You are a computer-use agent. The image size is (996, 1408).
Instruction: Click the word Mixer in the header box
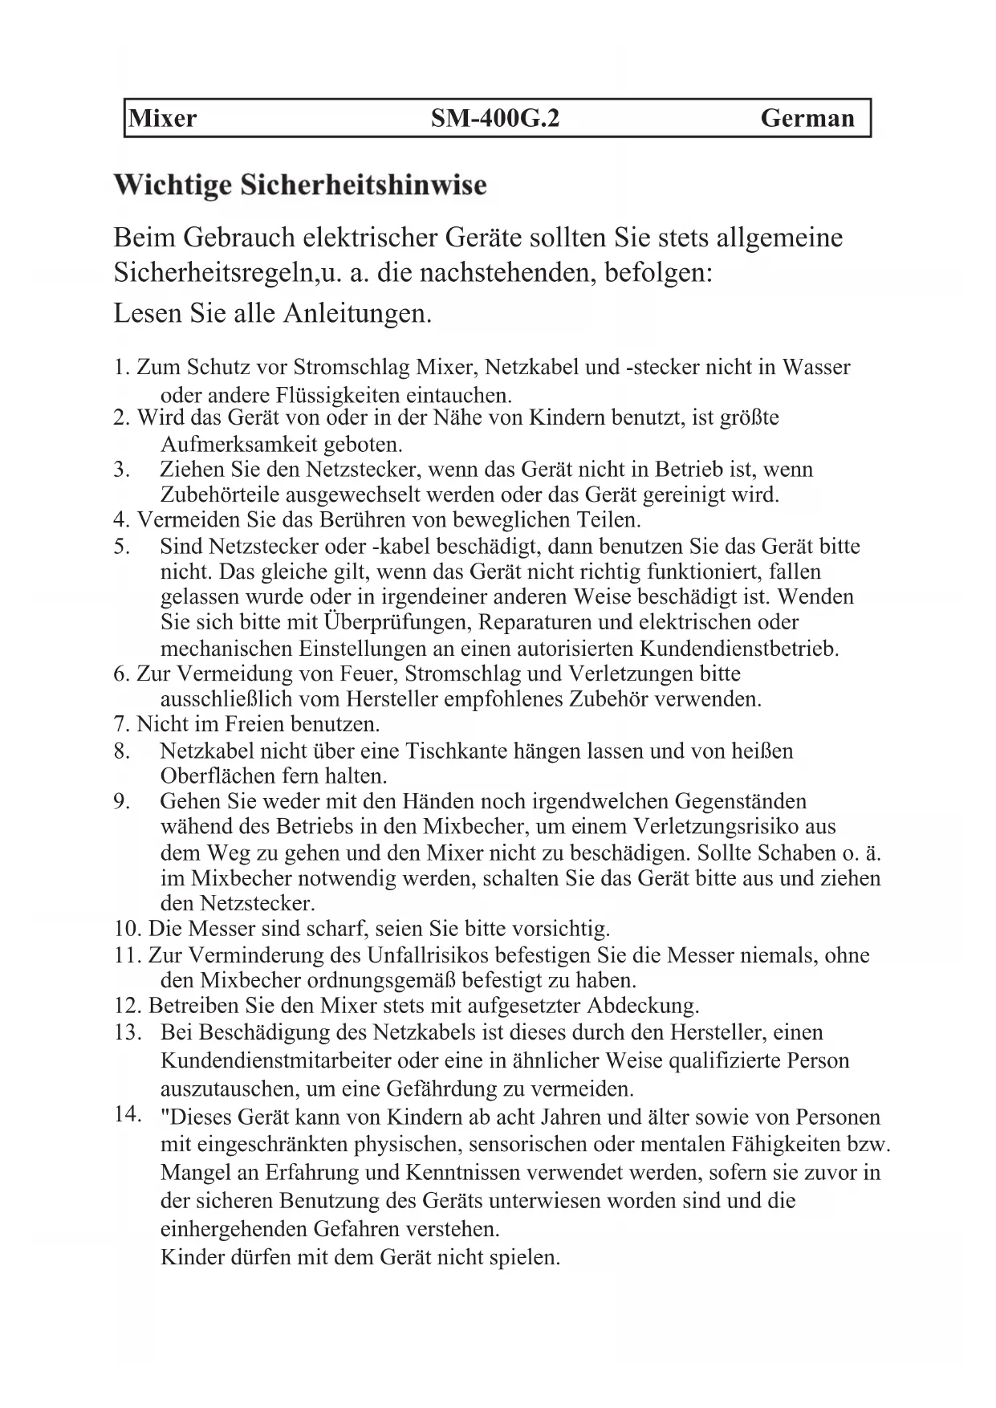163,119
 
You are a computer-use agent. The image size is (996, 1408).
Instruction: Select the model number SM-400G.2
494,119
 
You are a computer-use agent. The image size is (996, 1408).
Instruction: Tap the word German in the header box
807,119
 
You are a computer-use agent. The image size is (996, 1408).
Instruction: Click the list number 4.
121,520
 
